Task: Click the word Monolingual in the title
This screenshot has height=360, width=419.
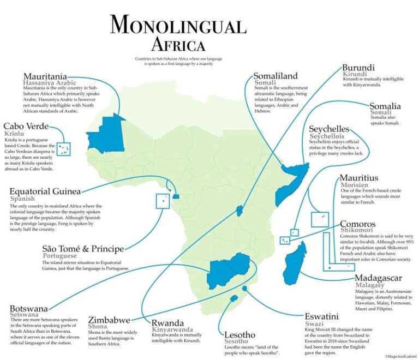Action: [178, 25]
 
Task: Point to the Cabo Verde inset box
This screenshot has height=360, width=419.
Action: [64, 148]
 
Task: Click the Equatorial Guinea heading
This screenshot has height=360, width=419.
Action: [45, 191]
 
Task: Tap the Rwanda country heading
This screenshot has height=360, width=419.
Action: [167, 322]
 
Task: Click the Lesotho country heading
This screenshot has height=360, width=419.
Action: [240, 334]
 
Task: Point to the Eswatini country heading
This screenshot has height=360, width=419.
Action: [322, 316]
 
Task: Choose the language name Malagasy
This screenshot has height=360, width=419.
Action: [373, 285]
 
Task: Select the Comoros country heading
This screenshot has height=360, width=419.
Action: [357, 224]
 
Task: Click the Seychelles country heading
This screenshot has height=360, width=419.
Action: [329, 129]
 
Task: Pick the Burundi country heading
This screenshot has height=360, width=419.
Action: [358, 68]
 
